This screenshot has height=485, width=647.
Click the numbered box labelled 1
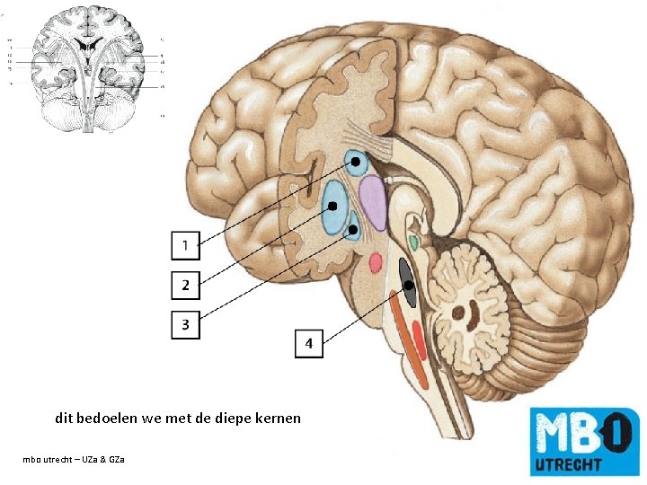pyautogui.click(x=185, y=244)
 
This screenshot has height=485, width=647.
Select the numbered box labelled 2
pyautogui.click(x=185, y=285)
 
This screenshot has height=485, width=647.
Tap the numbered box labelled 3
pyautogui.click(x=185, y=324)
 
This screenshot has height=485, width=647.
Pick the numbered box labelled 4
pyautogui.click(x=308, y=343)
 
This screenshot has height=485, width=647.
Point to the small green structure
pyautogui.click(x=412, y=241)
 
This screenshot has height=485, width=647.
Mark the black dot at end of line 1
pyautogui.click(x=356, y=162)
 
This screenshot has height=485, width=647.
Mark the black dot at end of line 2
pyautogui.click(x=332, y=206)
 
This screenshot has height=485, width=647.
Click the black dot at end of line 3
pyautogui.click(x=353, y=230)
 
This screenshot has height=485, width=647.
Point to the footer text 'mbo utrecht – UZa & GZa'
pyautogui.click(x=75, y=460)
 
